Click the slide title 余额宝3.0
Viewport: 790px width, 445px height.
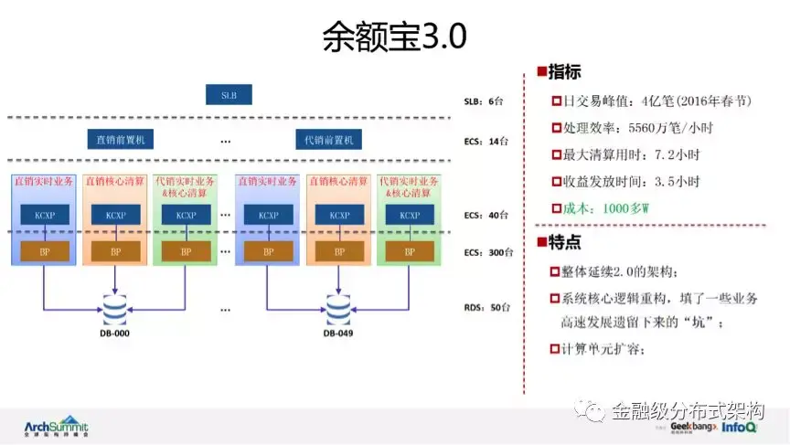[x=394, y=36]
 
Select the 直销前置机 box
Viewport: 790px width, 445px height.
[x=126, y=140]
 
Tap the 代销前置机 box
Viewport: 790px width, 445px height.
[x=328, y=140]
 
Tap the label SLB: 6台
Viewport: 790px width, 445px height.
[x=485, y=101]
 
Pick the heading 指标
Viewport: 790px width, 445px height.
[x=563, y=72]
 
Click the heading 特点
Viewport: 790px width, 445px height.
[x=563, y=242]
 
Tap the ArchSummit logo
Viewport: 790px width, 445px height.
[x=57, y=427]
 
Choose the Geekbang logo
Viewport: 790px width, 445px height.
[x=691, y=427]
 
